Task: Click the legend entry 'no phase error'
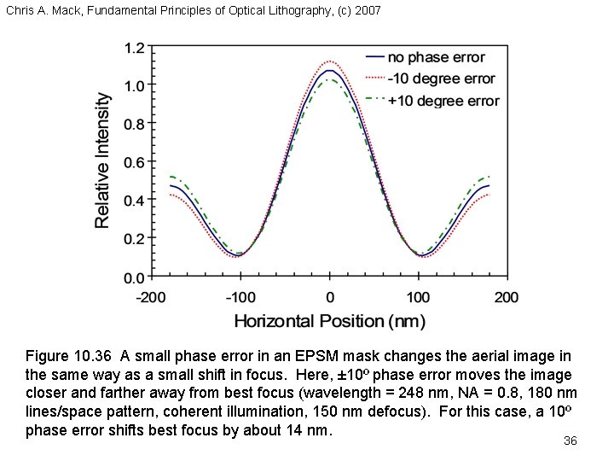(x=436, y=58)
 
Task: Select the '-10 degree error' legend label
(x=441, y=79)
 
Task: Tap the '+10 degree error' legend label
(x=443, y=100)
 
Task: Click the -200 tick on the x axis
(x=153, y=298)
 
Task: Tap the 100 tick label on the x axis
(x=418, y=298)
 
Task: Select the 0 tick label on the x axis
(x=329, y=298)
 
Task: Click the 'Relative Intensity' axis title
(x=102, y=160)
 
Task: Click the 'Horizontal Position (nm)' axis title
(x=329, y=321)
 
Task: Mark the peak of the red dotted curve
(x=329, y=61)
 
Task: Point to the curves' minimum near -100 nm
(x=240, y=254)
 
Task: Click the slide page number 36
(x=571, y=441)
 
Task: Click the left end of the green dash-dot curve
(x=170, y=176)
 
